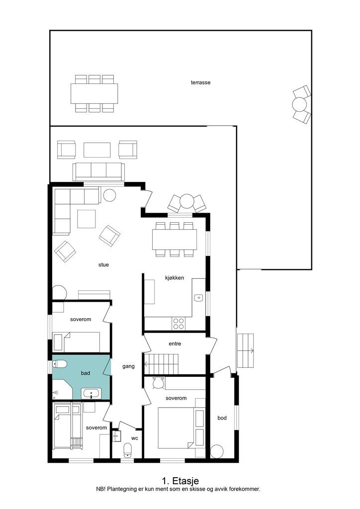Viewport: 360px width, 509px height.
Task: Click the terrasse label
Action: pos(200,83)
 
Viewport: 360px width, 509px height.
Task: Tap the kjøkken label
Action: pos(175,277)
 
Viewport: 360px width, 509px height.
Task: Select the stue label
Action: pos(103,264)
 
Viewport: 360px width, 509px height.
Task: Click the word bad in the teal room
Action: pos(86,373)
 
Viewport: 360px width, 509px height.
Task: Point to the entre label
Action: pos(175,344)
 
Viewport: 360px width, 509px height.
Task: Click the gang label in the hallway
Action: pos(129,366)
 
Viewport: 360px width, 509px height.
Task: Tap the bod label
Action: pos(222,418)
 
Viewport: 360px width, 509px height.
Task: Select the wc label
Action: pos(135,438)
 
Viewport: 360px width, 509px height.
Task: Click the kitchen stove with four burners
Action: pos(178,323)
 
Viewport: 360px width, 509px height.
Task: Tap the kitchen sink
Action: pos(198,297)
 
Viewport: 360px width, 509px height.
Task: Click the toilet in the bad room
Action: pos(59,364)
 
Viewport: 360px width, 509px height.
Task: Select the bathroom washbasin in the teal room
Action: pos(91,394)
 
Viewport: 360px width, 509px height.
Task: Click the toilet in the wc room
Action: pos(128,450)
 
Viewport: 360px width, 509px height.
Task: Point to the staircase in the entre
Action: pos(161,364)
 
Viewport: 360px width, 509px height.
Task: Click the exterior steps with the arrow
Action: pos(245,350)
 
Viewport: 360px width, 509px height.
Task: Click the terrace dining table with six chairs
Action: pos(94,93)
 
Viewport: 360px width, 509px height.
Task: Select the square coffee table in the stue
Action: pos(87,219)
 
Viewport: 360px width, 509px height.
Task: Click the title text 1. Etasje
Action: pos(180,481)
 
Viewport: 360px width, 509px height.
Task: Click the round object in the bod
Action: pos(217,451)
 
